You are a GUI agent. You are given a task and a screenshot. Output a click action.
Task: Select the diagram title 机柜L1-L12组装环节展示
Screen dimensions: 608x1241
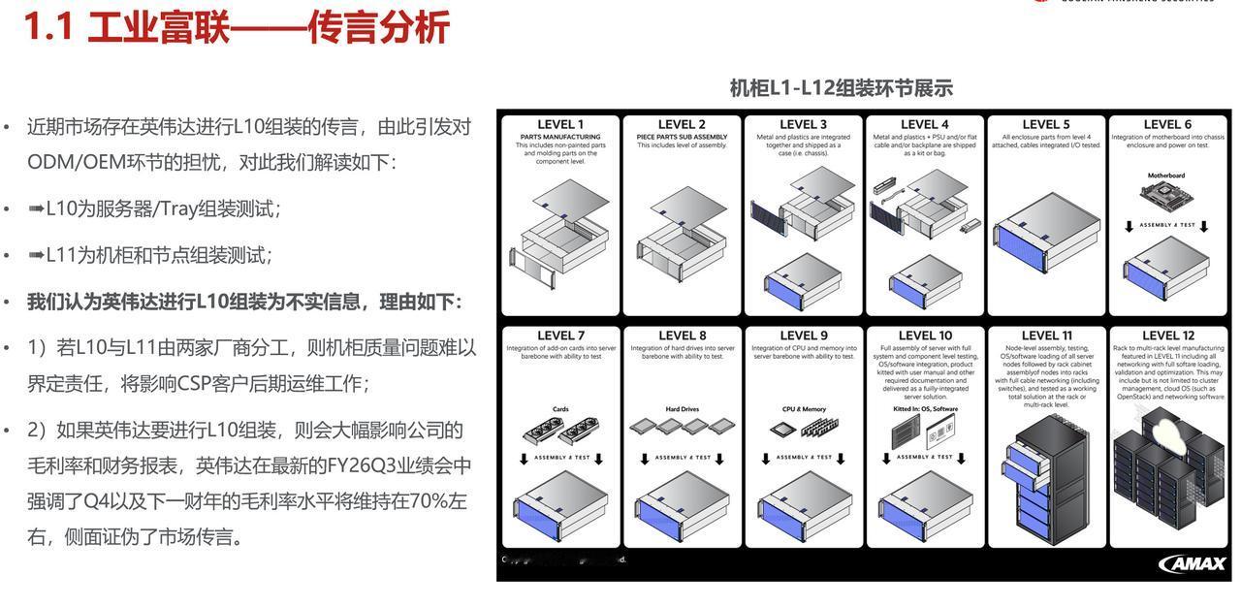(x=841, y=88)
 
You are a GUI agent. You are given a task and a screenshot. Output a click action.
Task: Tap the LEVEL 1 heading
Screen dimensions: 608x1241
(x=560, y=124)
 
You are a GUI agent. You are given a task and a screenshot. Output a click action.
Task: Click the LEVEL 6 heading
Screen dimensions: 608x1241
(x=1167, y=124)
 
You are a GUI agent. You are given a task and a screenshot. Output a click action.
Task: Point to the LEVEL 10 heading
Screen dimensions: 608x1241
(x=925, y=336)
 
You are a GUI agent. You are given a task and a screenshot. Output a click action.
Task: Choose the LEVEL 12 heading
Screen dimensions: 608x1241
(x=1167, y=336)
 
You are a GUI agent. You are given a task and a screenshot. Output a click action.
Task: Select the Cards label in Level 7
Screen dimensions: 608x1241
(x=560, y=409)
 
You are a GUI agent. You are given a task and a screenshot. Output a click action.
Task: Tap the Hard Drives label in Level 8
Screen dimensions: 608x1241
(x=683, y=409)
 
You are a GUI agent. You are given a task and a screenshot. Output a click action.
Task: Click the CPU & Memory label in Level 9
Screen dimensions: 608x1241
(x=804, y=409)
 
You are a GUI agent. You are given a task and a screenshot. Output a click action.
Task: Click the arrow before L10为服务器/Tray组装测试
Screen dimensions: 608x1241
(x=36, y=208)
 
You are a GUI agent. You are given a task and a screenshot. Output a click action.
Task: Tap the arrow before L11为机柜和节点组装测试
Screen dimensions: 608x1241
(x=36, y=255)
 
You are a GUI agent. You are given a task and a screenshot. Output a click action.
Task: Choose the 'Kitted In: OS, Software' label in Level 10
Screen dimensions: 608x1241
(x=925, y=409)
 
